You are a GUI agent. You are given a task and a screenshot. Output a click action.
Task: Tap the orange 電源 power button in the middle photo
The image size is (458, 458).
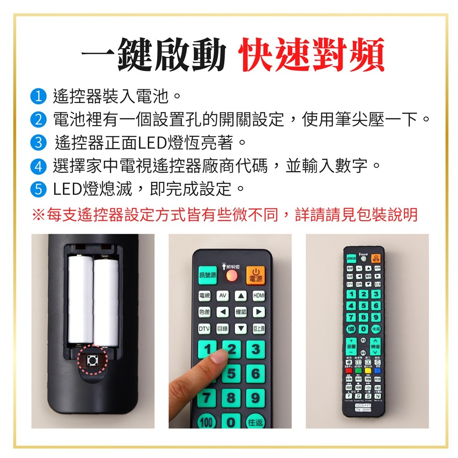(255, 275)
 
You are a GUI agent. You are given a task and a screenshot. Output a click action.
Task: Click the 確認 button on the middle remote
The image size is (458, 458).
(241, 312)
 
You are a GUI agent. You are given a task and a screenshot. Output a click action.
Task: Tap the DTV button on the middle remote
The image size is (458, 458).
(204, 329)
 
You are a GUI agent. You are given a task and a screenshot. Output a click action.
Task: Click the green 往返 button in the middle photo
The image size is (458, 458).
(256, 422)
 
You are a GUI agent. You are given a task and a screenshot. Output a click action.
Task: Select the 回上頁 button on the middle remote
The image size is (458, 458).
(259, 329)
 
